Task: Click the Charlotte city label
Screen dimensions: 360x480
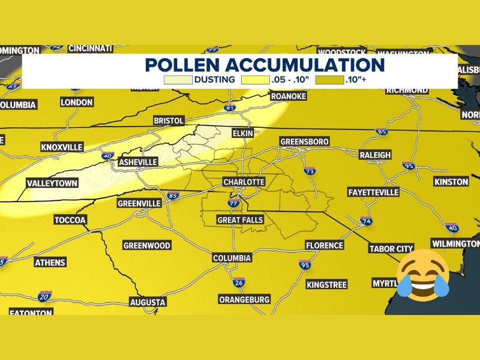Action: tap(244, 182)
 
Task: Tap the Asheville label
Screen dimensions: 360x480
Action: tap(138, 162)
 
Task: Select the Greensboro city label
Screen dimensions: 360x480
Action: tap(305, 142)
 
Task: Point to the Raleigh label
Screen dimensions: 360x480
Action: tap(375, 155)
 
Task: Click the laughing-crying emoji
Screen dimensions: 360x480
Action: tap(423, 274)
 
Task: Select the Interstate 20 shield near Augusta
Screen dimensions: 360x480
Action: tap(43, 296)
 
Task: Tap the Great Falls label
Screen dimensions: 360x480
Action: tap(240, 220)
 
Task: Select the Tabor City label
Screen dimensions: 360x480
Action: tap(391, 249)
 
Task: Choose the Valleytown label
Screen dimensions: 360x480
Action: tap(52, 183)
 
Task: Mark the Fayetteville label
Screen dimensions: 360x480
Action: tap(373, 192)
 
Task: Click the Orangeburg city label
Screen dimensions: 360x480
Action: tap(245, 299)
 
